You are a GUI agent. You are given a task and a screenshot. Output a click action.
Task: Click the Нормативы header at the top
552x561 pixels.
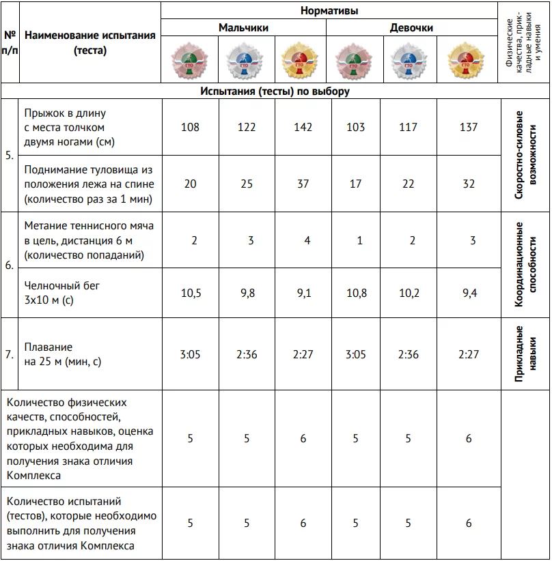pos(330,11)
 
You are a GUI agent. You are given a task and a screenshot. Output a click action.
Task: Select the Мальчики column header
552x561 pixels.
pos(243,28)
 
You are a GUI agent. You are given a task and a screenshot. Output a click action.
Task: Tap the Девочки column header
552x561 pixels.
pos(411,28)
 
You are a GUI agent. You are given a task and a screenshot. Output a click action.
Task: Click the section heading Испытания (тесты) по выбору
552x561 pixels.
pos(275,91)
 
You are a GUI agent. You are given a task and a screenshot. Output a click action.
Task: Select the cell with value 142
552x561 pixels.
pos(303,127)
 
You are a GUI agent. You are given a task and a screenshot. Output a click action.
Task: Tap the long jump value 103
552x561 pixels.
pos(355,127)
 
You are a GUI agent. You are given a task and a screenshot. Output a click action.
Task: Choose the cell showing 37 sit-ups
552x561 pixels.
pos(303,184)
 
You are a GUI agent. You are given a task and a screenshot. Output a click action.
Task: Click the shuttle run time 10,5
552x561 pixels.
pos(190,293)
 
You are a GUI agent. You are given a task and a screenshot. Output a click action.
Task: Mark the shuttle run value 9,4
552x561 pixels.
pos(469,293)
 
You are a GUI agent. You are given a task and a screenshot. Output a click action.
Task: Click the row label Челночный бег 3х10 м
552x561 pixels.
pos(61,293)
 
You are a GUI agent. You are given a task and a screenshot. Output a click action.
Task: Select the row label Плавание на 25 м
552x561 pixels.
pos(62,355)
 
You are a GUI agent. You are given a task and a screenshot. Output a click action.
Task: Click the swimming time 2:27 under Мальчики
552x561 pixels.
pos(303,355)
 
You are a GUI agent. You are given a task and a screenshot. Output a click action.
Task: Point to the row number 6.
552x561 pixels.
pos(10,266)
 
